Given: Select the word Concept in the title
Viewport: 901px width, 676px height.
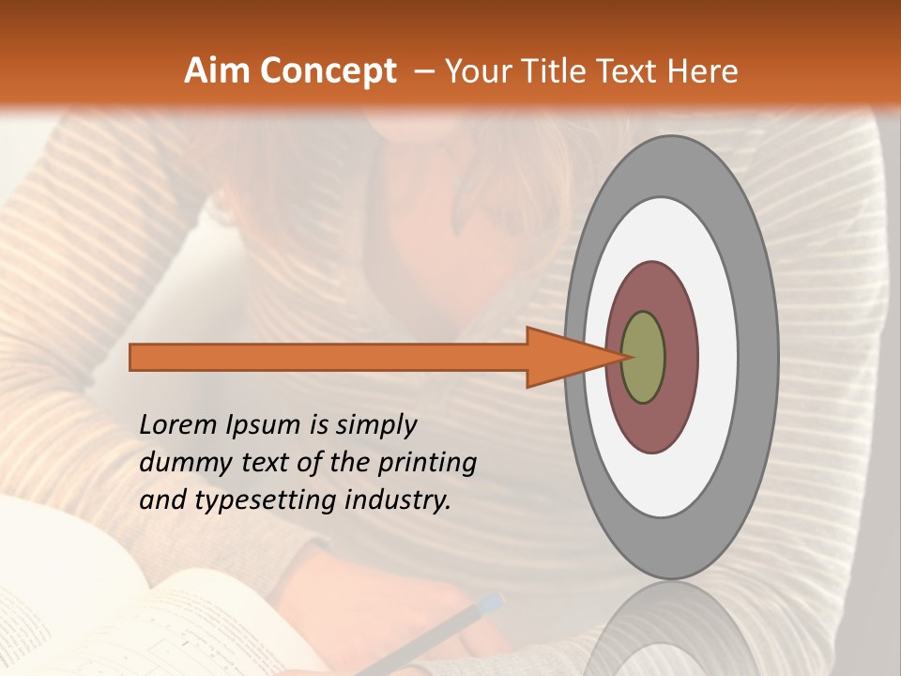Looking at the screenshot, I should point(328,71).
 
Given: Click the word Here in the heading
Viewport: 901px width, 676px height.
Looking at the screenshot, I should point(705,71).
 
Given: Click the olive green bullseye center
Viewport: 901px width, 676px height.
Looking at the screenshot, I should point(643,358).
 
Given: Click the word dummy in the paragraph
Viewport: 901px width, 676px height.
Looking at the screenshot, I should point(177,463).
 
